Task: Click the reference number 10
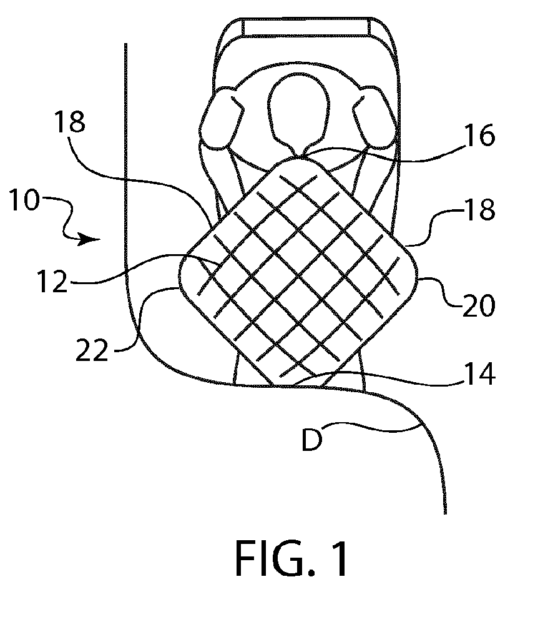pyautogui.click(x=25, y=200)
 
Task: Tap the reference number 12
pyautogui.click(x=52, y=281)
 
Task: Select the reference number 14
pyautogui.click(x=479, y=374)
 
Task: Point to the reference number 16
pyautogui.click(x=479, y=135)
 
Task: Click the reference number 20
pyautogui.click(x=479, y=306)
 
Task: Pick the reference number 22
pyautogui.click(x=92, y=350)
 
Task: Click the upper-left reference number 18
pyautogui.click(x=69, y=122)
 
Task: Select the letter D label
pyautogui.click(x=311, y=440)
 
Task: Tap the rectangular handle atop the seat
pyautogui.click(x=306, y=27)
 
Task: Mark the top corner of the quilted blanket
pyautogui.click(x=298, y=157)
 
